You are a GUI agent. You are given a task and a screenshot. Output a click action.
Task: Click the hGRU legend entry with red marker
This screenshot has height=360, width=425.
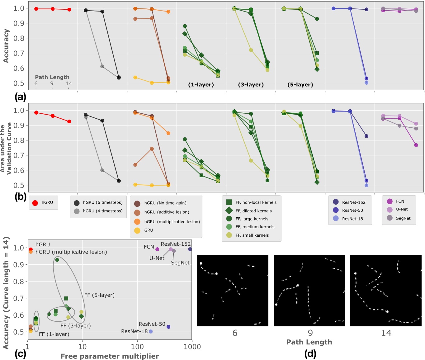[x=43, y=203]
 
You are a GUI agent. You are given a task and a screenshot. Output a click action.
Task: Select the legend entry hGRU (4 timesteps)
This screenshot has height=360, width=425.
[x=98, y=211]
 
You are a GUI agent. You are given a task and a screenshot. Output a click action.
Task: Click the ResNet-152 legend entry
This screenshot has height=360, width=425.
[x=349, y=202]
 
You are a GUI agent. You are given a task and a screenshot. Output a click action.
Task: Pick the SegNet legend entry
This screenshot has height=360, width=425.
[x=399, y=218]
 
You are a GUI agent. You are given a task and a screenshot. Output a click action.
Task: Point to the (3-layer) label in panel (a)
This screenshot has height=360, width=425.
[x=251, y=85]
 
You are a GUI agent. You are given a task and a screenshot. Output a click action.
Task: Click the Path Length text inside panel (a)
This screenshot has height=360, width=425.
[x=52, y=77]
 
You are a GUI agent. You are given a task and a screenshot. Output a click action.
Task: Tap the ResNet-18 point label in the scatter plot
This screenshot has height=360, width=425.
[x=134, y=331]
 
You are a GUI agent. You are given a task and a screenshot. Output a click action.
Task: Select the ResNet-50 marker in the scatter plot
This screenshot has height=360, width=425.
[x=168, y=327]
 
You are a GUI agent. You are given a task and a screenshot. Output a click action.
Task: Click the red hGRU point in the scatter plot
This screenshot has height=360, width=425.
[x=31, y=249]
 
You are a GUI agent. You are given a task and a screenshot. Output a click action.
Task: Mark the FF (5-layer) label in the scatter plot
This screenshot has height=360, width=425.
[x=99, y=295]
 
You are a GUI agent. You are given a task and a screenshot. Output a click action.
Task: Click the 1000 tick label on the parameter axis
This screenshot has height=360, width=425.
[x=192, y=347]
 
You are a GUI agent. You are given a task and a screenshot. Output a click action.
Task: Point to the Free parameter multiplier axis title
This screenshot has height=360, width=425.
[x=110, y=356]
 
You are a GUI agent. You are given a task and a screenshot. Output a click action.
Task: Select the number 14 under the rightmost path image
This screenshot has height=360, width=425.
[x=386, y=333]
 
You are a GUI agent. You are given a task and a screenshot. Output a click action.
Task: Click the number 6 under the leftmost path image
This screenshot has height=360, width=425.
[x=235, y=333]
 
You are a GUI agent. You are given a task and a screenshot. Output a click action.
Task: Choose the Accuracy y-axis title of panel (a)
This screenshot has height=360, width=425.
[x=6, y=46]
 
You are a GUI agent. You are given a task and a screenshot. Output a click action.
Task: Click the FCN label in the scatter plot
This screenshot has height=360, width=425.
[x=149, y=247]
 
